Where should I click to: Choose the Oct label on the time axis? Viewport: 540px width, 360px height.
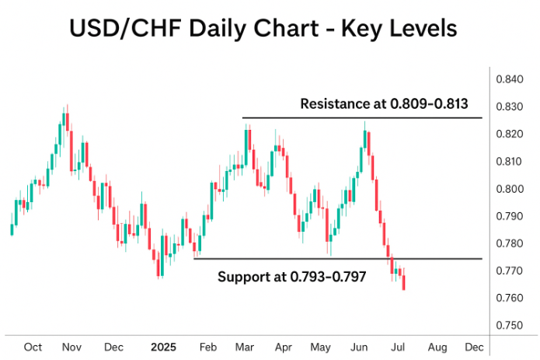[x=33, y=346]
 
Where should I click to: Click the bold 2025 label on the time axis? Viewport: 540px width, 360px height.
[x=165, y=346]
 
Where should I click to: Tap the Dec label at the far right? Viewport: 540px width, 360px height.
[x=474, y=346]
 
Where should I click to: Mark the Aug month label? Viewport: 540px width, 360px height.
[x=437, y=346]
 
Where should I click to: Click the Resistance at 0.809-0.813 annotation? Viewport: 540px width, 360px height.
[x=385, y=103]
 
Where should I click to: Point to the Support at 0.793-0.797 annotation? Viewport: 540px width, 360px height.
[x=291, y=277]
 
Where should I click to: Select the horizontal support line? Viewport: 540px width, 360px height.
[x=311, y=258]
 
